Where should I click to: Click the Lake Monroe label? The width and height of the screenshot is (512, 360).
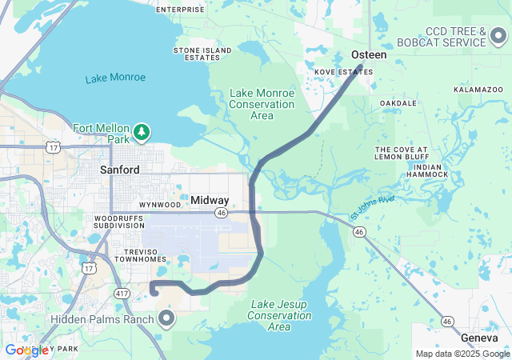tap(116, 78)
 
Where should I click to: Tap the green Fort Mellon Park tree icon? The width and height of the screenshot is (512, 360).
tap(142, 131)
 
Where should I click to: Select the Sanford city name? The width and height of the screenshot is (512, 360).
tap(120, 170)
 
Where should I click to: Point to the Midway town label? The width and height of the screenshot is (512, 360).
tap(210, 200)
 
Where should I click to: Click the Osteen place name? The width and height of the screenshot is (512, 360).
tap(369, 55)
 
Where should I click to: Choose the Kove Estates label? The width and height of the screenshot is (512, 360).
tap(344, 72)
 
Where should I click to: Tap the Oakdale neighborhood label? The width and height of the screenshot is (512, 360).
tap(398, 103)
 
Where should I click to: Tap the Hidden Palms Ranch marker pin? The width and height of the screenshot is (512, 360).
tap(166, 319)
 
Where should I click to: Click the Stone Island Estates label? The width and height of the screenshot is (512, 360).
tap(197, 54)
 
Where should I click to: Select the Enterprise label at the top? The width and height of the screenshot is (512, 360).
tap(180, 10)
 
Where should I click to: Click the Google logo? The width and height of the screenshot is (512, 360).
tap(26, 350)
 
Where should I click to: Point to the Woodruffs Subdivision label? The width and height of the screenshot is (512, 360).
tap(118, 222)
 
